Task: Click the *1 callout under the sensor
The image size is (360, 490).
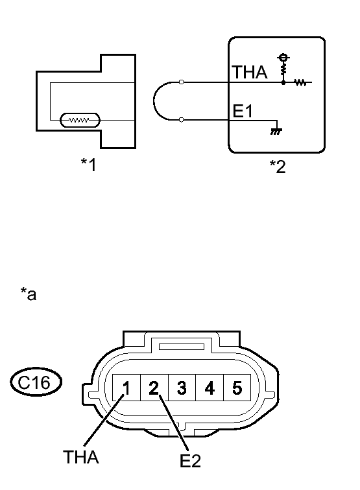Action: [88, 165]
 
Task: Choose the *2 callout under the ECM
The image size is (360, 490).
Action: [277, 167]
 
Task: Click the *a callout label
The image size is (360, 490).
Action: [28, 296]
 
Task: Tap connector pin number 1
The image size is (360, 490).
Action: [127, 388]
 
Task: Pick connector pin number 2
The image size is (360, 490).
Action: [154, 388]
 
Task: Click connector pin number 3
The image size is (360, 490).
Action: [182, 388]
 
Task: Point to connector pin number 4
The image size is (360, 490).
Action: [209, 388]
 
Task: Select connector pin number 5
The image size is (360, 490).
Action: [236, 388]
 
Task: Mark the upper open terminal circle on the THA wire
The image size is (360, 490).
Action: [182, 82]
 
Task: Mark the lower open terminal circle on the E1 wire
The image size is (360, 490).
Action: [182, 120]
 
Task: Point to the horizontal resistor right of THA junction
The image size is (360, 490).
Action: [300, 82]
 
